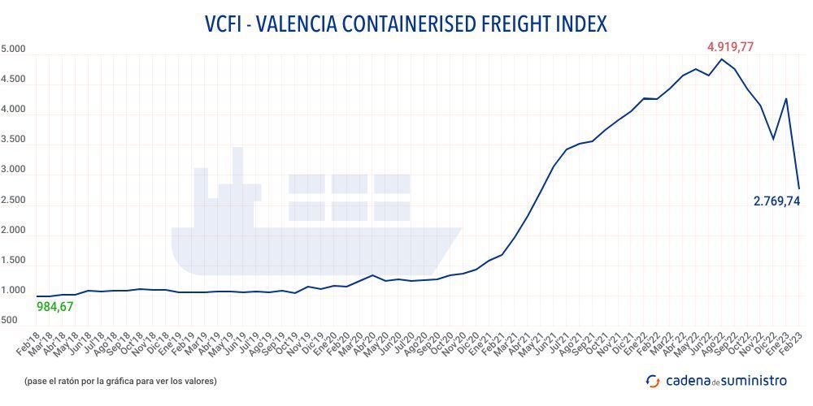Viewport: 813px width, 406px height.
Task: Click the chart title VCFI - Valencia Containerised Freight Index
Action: pyautogui.click(x=406, y=24)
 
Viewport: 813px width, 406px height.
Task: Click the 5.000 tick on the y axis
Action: pyautogui.click(x=14, y=50)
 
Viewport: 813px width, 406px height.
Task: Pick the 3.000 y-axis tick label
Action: pyautogui.click(x=14, y=171)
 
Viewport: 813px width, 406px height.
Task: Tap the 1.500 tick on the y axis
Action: pyautogui.click(x=14, y=261)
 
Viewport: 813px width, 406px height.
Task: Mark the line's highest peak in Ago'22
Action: pyautogui.click(x=722, y=59)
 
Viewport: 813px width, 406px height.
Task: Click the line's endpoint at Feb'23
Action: pyautogui.click(x=798, y=188)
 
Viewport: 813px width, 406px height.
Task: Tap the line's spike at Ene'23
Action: pyautogui.click(x=785, y=99)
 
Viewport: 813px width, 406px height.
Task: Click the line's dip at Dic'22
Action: pyautogui.click(x=772, y=139)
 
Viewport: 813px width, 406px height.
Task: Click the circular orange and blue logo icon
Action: pyautogui.click(x=653, y=380)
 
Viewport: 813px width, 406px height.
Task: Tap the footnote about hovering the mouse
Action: pyautogui.click(x=121, y=380)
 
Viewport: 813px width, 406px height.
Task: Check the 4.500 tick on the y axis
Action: pyautogui.click(x=14, y=80)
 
